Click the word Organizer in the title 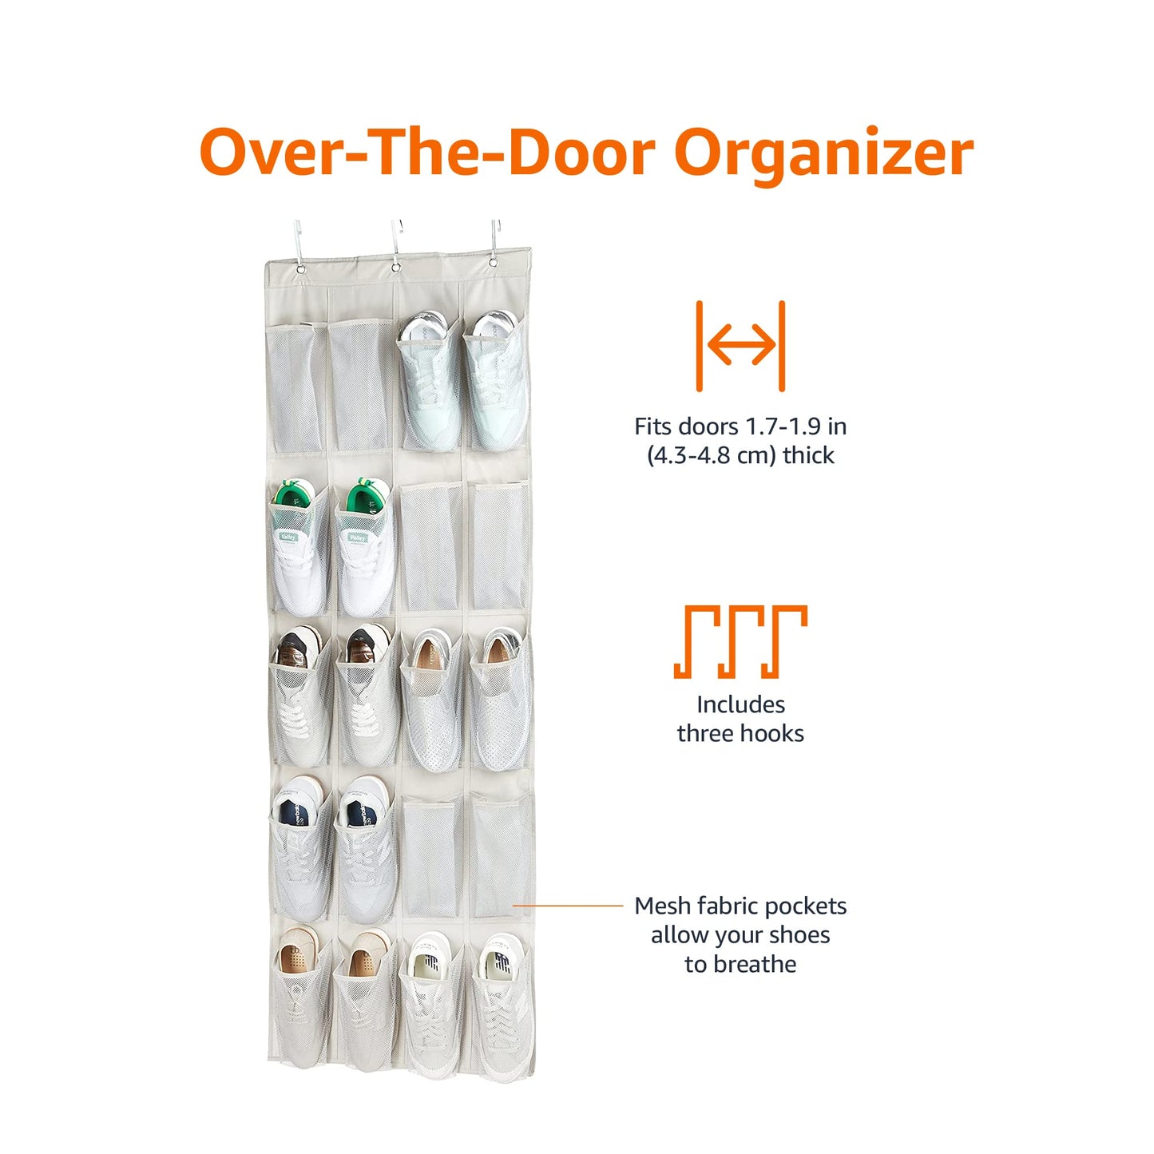click(823, 153)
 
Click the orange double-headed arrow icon click(740, 346)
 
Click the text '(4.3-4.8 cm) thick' click(740, 455)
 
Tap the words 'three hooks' click(740, 733)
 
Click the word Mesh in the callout click(662, 906)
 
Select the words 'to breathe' click(740, 964)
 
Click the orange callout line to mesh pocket click(567, 906)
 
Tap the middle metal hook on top click(395, 244)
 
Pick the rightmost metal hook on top click(495, 242)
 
